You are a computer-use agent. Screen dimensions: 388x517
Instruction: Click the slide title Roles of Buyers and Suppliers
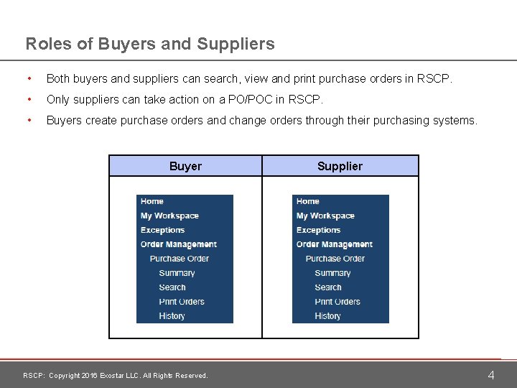coord(150,44)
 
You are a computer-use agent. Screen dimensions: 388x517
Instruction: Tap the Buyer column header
coord(185,166)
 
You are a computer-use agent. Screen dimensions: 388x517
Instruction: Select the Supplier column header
coord(340,166)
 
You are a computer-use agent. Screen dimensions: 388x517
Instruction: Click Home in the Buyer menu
coord(152,201)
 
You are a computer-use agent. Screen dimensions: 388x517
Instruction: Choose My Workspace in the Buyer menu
coord(169,216)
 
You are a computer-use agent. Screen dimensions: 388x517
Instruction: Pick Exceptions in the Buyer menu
coord(162,230)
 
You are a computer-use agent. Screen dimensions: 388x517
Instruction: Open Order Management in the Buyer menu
coord(178,244)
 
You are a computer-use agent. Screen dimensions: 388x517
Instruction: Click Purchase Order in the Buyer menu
coord(179,259)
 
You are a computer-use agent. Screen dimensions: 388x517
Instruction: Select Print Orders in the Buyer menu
coord(182,302)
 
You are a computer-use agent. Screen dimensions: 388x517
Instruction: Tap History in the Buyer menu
coord(172,316)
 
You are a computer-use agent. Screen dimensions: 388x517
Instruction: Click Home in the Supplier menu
coord(308,201)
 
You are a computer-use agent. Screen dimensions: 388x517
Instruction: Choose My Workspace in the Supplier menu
coord(325,216)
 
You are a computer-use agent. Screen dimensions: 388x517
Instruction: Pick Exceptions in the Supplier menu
coord(318,230)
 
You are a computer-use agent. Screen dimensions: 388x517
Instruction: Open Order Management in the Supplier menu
coord(334,244)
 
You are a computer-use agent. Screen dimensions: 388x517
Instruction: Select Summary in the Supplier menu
coord(332,273)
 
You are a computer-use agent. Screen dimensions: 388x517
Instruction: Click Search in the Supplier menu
coord(327,287)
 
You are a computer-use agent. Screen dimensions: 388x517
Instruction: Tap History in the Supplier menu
coord(327,316)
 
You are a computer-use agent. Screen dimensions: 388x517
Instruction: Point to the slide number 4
coord(491,375)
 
